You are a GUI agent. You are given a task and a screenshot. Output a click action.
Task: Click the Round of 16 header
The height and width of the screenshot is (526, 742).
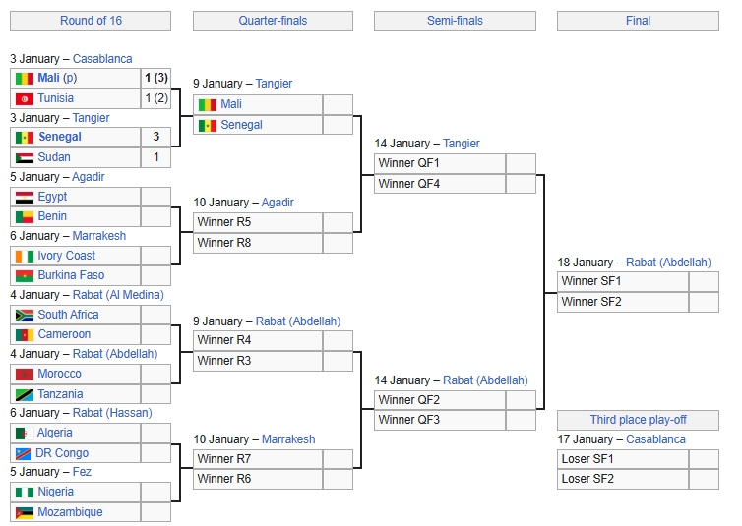tap(90, 21)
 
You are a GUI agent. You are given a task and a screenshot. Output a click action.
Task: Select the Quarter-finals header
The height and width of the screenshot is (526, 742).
tap(273, 21)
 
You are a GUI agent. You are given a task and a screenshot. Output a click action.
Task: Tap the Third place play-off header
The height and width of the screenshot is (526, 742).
tap(638, 420)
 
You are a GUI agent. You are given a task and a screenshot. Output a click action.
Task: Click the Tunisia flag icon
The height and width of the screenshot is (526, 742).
tap(25, 98)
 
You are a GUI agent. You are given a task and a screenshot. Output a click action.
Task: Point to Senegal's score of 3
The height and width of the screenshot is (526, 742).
tap(155, 137)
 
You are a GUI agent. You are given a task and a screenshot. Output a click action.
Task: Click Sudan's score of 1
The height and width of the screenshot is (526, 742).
tap(155, 157)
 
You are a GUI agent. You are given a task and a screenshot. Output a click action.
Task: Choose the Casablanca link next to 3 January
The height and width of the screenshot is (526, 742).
tap(102, 59)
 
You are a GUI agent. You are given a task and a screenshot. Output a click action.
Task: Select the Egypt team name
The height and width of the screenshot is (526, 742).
tap(52, 197)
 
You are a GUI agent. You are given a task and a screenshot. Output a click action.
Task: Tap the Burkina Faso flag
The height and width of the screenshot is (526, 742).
tap(25, 275)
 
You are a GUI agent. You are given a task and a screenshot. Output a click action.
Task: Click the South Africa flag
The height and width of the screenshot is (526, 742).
tap(25, 315)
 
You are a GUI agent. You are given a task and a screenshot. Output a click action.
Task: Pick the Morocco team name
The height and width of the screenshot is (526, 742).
tap(59, 374)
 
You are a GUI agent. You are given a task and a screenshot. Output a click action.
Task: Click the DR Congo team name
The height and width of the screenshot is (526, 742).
tap(63, 453)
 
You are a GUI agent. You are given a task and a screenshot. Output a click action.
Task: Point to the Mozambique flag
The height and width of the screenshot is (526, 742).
tap(25, 512)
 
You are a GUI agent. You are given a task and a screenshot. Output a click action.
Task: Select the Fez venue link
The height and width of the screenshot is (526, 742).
tap(83, 472)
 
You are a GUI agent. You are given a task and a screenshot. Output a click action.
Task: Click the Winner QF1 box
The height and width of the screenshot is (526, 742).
tap(439, 163)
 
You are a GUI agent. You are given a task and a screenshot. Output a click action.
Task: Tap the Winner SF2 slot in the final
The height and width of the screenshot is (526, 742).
tap(622, 302)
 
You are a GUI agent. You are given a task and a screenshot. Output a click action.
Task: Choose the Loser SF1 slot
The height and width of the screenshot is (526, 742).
tap(622, 459)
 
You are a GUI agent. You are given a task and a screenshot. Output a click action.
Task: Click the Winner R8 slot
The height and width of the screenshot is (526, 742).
tap(257, 242)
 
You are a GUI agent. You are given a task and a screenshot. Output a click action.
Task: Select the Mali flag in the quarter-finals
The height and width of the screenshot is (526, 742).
tap(208, 104)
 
